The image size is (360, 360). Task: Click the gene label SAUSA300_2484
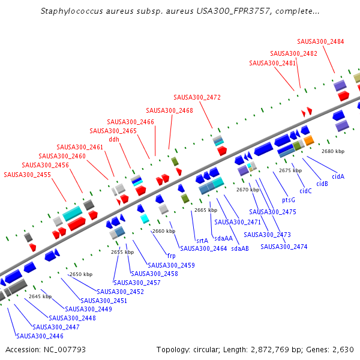pos(320,41)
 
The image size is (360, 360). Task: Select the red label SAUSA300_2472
pos(197,97)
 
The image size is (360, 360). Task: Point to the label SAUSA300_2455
pos(27,175)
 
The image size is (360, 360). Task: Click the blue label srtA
pos(202,240)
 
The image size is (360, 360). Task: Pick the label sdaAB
pos(240,248)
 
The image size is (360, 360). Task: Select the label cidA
pos(338,176)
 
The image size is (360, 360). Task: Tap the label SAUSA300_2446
pos(40,336)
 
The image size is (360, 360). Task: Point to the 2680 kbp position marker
pos(333,152)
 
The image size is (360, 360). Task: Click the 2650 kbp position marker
pos(81,274)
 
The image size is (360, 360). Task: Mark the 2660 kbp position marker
pos(163,231)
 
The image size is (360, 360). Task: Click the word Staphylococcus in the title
pos(71,11)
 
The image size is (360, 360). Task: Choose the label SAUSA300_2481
pos(272,63)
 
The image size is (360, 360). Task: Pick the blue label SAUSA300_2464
pos(203,248)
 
